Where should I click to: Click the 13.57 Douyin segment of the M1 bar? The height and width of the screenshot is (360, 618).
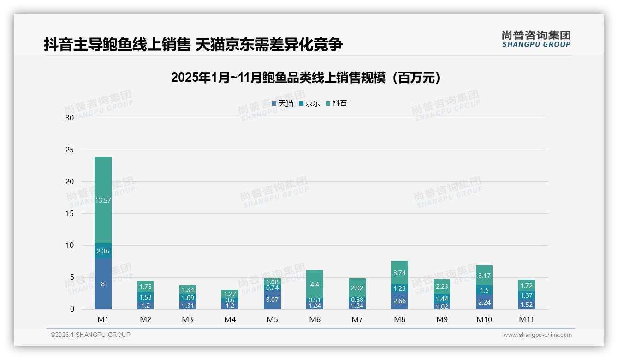pyautogui.click(x=103, y=200)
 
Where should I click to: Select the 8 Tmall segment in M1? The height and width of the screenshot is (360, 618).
pyautogui.click(x=103, y=283)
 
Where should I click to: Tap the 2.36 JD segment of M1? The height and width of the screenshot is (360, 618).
pyautogui.click(x=103, y=251)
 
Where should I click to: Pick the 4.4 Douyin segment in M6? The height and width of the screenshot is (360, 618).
pyautogui.click(x=315, y=284)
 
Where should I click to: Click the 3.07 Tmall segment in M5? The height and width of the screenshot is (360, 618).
pyautogui.click(x=273, y=300)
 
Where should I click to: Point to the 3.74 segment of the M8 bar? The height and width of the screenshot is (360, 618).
pyautogui.click(x=400, y=273)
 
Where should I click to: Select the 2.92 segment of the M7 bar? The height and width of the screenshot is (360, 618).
pyautogui.click(x=357, y=288)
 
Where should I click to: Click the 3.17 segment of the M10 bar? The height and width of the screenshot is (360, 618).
pyautogui.click(x=485, y=276)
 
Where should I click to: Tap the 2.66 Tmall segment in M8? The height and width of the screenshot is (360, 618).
pyautogui.click(x=400, y=300)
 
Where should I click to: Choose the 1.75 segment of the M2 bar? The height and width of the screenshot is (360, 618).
pyautogui.click(x=145, y=286)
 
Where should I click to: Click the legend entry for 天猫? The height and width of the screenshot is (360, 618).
pyautogui.click(x=283, y=103)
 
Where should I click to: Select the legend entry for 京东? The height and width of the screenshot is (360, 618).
pyautogui.click(x=309, y=103)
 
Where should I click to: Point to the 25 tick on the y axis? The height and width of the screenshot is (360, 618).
pyautogui.click(x=70, y=150)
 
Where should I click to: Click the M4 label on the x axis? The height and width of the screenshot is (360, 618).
pyautogui.click(x=230, y=319)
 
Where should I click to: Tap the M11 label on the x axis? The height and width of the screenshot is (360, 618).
pyautogui.click(x=527, y=319)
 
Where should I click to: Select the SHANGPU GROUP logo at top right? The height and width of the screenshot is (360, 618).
pyautogui.click(x=536, y=39)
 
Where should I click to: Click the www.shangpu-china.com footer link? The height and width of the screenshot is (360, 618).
pyautogui.click(x=537, y=335)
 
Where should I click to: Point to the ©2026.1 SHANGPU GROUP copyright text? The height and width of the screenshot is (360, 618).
pyautogui.click(x=90, y=335)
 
